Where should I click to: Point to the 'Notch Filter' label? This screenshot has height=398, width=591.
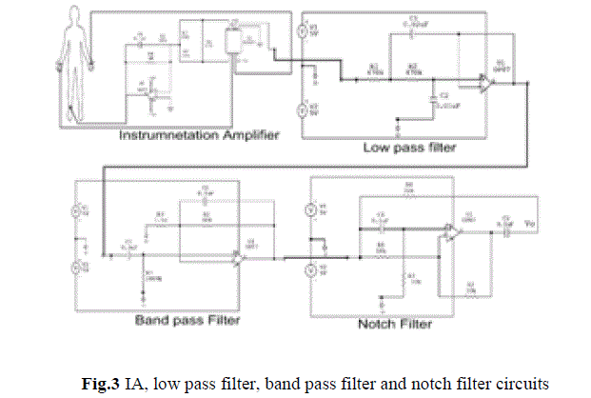coord(394,325)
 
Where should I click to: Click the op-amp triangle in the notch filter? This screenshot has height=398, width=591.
coord(448,232)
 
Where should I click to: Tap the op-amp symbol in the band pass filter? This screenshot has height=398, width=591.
coord(238,256)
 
